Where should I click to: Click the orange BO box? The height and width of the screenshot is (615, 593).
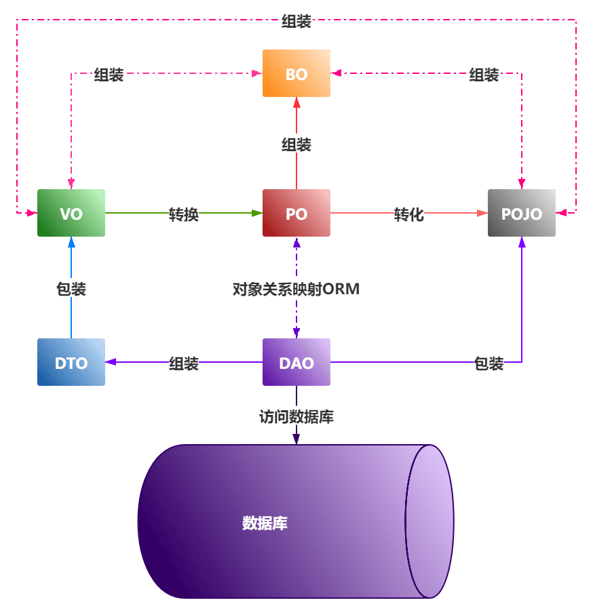point(296,73)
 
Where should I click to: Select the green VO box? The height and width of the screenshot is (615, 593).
point(71,213)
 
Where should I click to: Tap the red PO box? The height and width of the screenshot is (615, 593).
point(296,213)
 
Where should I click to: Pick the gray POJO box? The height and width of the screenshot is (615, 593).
point(522,213)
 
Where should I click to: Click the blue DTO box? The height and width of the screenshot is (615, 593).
point(71,362)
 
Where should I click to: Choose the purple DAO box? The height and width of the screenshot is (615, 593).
point(296,362)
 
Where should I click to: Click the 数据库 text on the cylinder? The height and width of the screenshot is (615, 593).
point(265,523)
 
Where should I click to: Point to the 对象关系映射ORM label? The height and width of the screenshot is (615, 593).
point(296,289)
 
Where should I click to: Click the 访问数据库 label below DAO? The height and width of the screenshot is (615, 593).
point(296,416)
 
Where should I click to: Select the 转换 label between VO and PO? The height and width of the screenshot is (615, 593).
point(184,214)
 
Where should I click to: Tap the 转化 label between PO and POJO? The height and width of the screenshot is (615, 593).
point(409,214)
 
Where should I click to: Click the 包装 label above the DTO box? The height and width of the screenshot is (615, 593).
point(71,289)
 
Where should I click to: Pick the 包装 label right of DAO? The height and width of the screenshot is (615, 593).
point(489,363)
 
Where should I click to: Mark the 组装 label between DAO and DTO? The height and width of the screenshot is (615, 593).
point(184,363)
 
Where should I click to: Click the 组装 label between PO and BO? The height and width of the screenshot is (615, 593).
point(296,144)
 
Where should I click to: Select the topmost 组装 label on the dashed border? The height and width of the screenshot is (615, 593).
point(296,21)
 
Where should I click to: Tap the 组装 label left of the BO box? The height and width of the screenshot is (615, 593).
point(109,75)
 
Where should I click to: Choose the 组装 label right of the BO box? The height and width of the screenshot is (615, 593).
point(484,75)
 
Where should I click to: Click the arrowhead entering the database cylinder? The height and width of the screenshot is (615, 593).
point(296,439)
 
